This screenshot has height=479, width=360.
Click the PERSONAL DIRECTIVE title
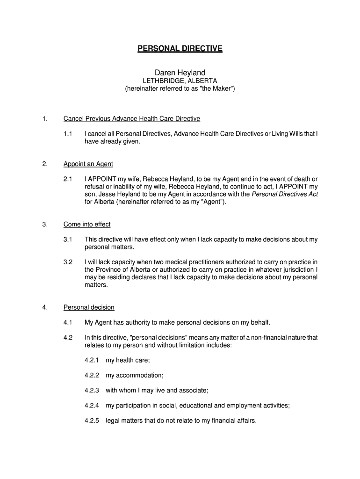pyautogui.click(x=180, y=49)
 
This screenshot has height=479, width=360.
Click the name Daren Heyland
pyautogui.click(x=180, y=73)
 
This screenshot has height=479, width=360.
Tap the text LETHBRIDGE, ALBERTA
pyautogui.click(x=180, y=80)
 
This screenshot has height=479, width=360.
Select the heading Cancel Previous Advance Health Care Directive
pyautogui.click(x=132, y=118)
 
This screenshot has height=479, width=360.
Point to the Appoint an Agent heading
pyautogui.click(x=88, y=164)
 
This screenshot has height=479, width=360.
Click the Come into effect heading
pyautogui.click(x=87, y=224)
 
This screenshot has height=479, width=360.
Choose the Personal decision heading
pyautogui.click(x=89, y=307)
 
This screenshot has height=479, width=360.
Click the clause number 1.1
pyautogui.click(x=68, y=134)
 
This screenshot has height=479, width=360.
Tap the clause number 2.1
pyautogui.click(x=68, y=179)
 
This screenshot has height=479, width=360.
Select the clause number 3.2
pyautogui.click(x=68, y=262)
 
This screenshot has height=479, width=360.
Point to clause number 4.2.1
pyautogui.click(x=92, y=360)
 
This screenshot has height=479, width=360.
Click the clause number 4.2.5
pyautogui.click(x=92, y=421)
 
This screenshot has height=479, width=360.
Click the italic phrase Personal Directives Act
pyautogui.click(x=285, y=194)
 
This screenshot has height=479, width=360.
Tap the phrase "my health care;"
pyautogui.click(x=128, y=360)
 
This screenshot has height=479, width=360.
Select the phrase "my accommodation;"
pyautogui.click(x=135, y=375)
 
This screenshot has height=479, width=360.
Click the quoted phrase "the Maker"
pyautogui.click(x=216, y=88)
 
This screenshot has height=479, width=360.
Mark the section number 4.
pyautogui.click(x=44, y=307)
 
